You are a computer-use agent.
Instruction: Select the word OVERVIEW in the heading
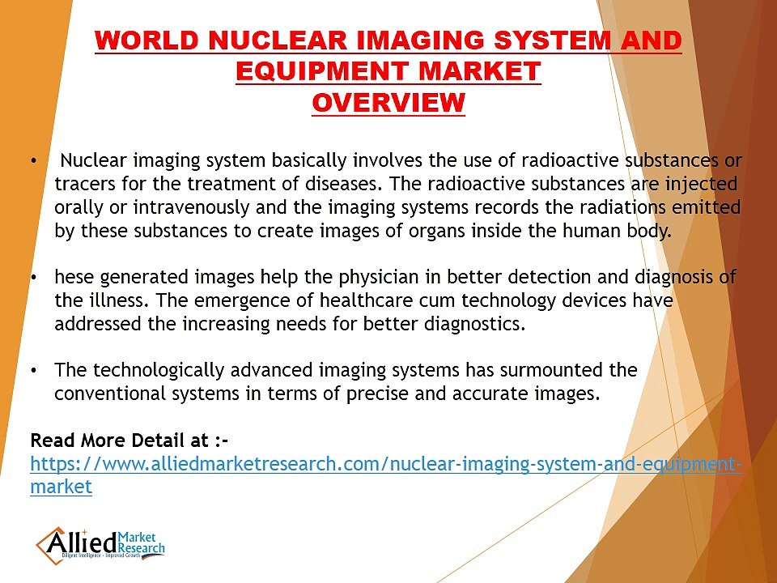point(388,103)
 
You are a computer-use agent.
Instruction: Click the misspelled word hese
point(74,278)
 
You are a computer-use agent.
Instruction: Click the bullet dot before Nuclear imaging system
point(33,161)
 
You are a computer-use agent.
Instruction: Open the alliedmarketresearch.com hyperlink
point(385,465)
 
